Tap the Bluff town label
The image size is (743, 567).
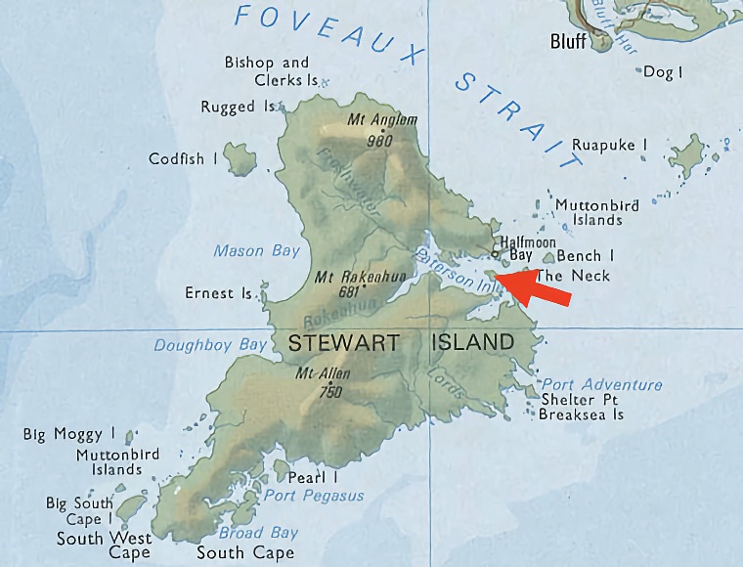pyautogui.click(x=568, y=41)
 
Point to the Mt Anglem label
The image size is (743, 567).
pyautogui.click(x=382, y=120)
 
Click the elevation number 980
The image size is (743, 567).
pyautogui.click(x=378, y=139)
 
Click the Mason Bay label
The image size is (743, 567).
pyautogui.click(x=256, y=251)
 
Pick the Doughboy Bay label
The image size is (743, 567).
pyautogui.click(x=209, y=345)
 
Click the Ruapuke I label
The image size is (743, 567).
pyautogui.click(x=609, y=145)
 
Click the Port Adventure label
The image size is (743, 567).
pyautogui.click(x=601, y=384)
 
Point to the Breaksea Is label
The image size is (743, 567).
pyautogui.click(x=581, y=414)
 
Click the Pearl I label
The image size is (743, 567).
pyautogui.click(x=313, y=478)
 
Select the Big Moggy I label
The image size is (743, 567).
pyautogui.click(x=69, y=434)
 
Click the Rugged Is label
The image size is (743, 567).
pyautogui.click(x=239, y=107)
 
